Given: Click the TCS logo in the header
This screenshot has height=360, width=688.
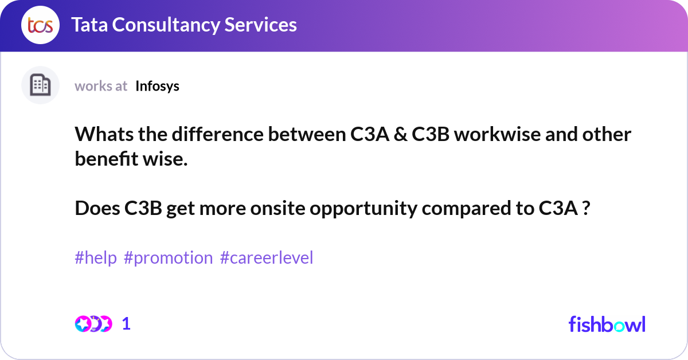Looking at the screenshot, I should pos(40,25).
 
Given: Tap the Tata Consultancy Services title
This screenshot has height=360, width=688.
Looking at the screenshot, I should pos(184,25).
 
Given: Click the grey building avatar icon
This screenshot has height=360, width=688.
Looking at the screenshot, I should pos(40,85).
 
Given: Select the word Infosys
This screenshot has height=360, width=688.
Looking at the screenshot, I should pos(157,86).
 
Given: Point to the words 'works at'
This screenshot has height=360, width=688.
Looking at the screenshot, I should pos(101,86).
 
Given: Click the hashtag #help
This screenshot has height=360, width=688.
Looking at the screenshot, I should pos(96,258).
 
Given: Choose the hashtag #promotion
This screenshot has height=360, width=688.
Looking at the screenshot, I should pos(168,258).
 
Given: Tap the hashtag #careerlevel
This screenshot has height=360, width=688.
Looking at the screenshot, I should pos(267,258).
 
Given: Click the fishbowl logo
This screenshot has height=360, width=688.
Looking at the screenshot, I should pos(607,324).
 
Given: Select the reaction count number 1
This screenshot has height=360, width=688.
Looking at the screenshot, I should pos(126,324).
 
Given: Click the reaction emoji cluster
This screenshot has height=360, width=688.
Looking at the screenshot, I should pos(93,324).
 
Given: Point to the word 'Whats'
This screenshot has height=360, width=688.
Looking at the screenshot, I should pos(98,135).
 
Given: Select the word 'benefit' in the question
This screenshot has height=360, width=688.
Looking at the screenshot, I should pos(107,159).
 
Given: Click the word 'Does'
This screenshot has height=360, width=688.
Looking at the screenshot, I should pos(97,209).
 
